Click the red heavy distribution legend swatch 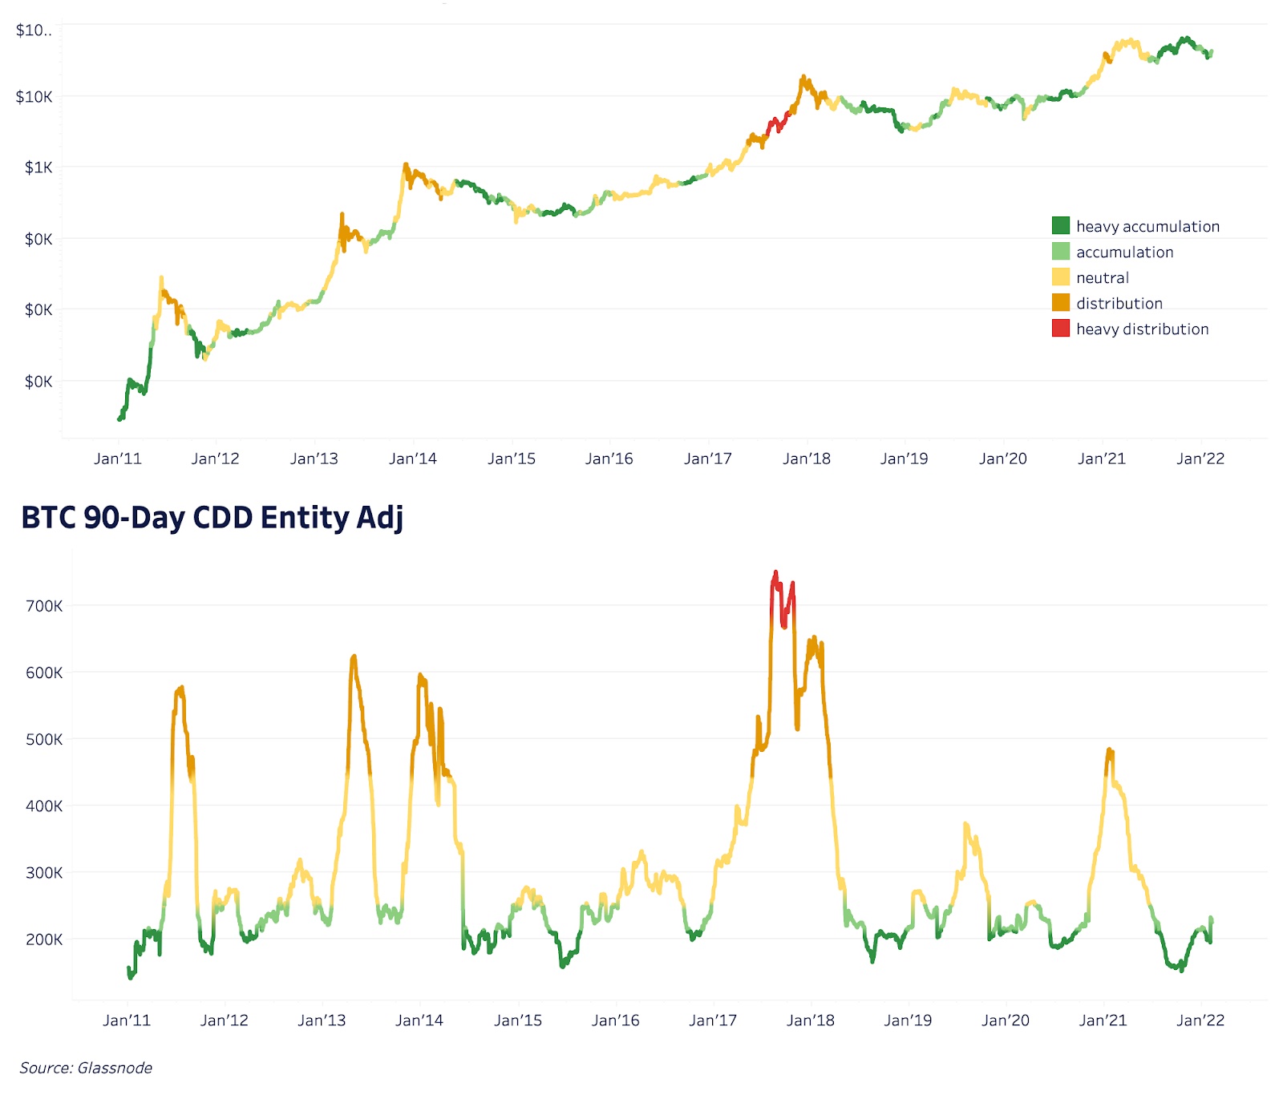1060,329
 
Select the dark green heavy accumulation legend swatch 1060,226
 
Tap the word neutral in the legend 1102,277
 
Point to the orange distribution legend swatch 1060,303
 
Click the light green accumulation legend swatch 1060,252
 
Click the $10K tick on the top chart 34,97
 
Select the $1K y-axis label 38,168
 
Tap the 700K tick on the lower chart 44,606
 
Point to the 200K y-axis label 44,939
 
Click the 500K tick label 44,739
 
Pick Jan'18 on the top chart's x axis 806,459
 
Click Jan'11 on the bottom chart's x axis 127,1020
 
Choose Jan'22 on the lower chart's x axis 1200,1020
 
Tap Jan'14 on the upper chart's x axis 412,459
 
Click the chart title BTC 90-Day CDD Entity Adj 212,518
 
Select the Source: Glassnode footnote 86,1068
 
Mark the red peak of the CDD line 775,574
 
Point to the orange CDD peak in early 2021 1109,752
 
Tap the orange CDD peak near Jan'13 354,659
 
